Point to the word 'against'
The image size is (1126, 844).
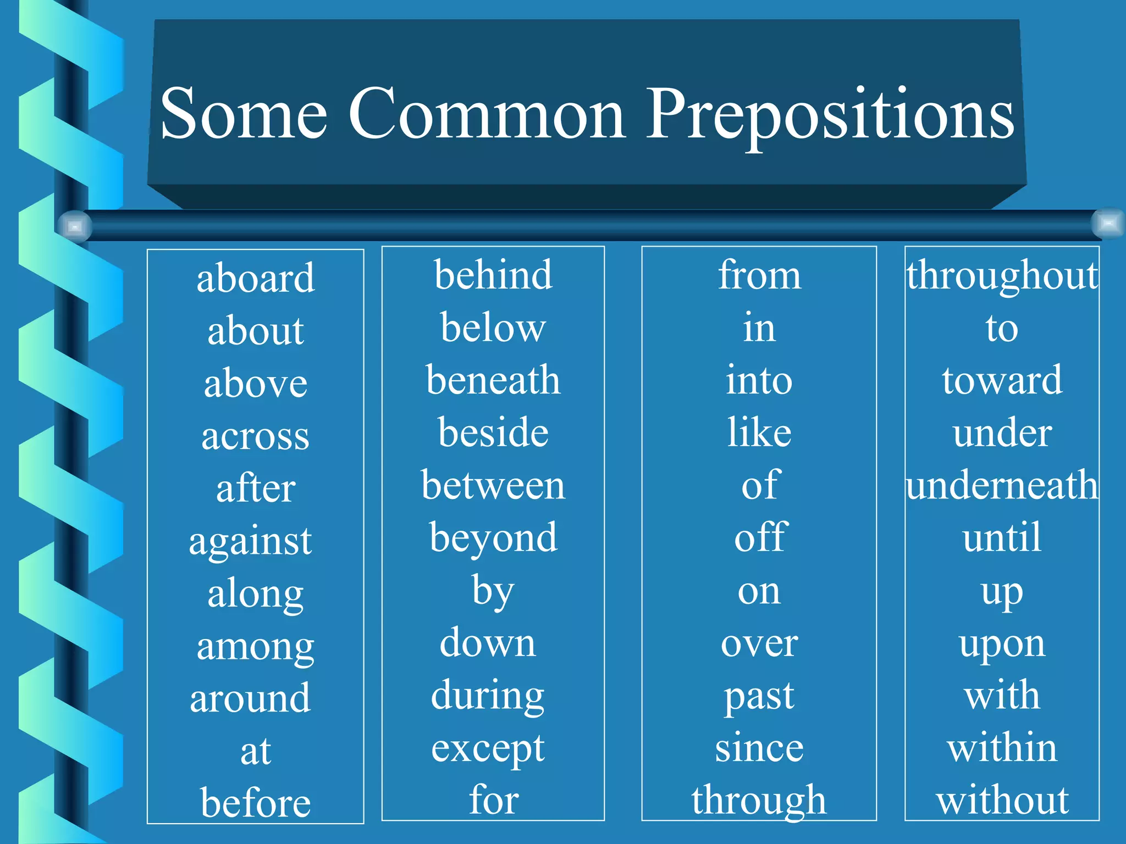click(x=250, y=541)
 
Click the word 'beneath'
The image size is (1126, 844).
click(x=493, y=380)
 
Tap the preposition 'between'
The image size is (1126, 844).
click(x=493, y=486)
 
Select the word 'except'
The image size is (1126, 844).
click(x=488, y=748)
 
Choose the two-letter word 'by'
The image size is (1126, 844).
click(x=493, y=592)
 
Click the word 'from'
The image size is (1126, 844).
click(x=759, y=275)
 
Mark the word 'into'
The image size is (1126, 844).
click(x=759, y=380)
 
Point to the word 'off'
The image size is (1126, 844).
click(x=761, y=537)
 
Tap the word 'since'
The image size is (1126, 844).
click(x=759, y=748)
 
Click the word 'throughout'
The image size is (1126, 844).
click(x=1002, y=276)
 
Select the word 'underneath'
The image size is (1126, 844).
click(x=1002, y=486)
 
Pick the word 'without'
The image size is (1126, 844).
click(x=1002, y=801)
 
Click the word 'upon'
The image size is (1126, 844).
click(x=1002, y=644)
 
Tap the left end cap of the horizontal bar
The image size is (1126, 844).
click(x=75, y=226)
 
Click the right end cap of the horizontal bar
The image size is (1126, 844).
click(x=1108, y=223)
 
